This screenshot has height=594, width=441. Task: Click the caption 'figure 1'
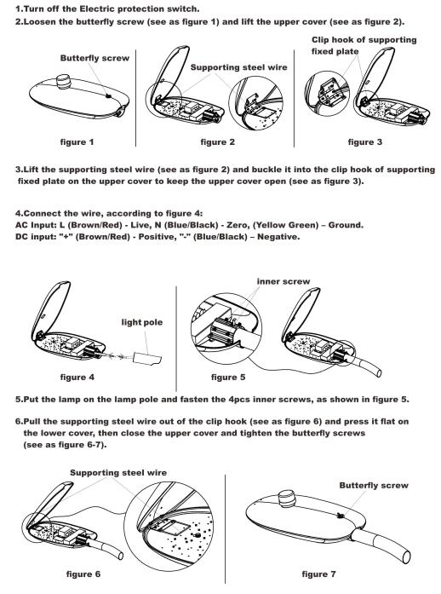77,142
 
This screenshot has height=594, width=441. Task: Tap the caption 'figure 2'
218,142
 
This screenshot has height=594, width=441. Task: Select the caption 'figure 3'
365,142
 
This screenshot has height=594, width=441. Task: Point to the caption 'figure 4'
77,377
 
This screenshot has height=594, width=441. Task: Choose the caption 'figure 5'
228,377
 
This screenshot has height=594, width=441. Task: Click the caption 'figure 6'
83,574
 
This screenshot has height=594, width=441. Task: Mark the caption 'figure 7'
318,574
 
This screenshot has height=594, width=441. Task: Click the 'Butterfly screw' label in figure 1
94,58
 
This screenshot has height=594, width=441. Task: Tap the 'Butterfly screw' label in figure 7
374,485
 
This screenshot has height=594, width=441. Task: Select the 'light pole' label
142,322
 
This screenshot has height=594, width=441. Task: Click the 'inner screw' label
283,281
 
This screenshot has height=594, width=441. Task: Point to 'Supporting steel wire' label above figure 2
239,67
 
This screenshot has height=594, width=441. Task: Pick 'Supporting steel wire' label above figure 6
118,473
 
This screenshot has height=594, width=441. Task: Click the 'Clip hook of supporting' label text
364,40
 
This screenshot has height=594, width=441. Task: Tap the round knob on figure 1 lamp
64,82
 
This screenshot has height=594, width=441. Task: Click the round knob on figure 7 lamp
287,498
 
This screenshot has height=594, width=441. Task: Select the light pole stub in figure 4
148,358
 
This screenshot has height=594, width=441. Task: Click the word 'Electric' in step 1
96,9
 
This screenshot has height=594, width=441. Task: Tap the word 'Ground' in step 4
345,225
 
